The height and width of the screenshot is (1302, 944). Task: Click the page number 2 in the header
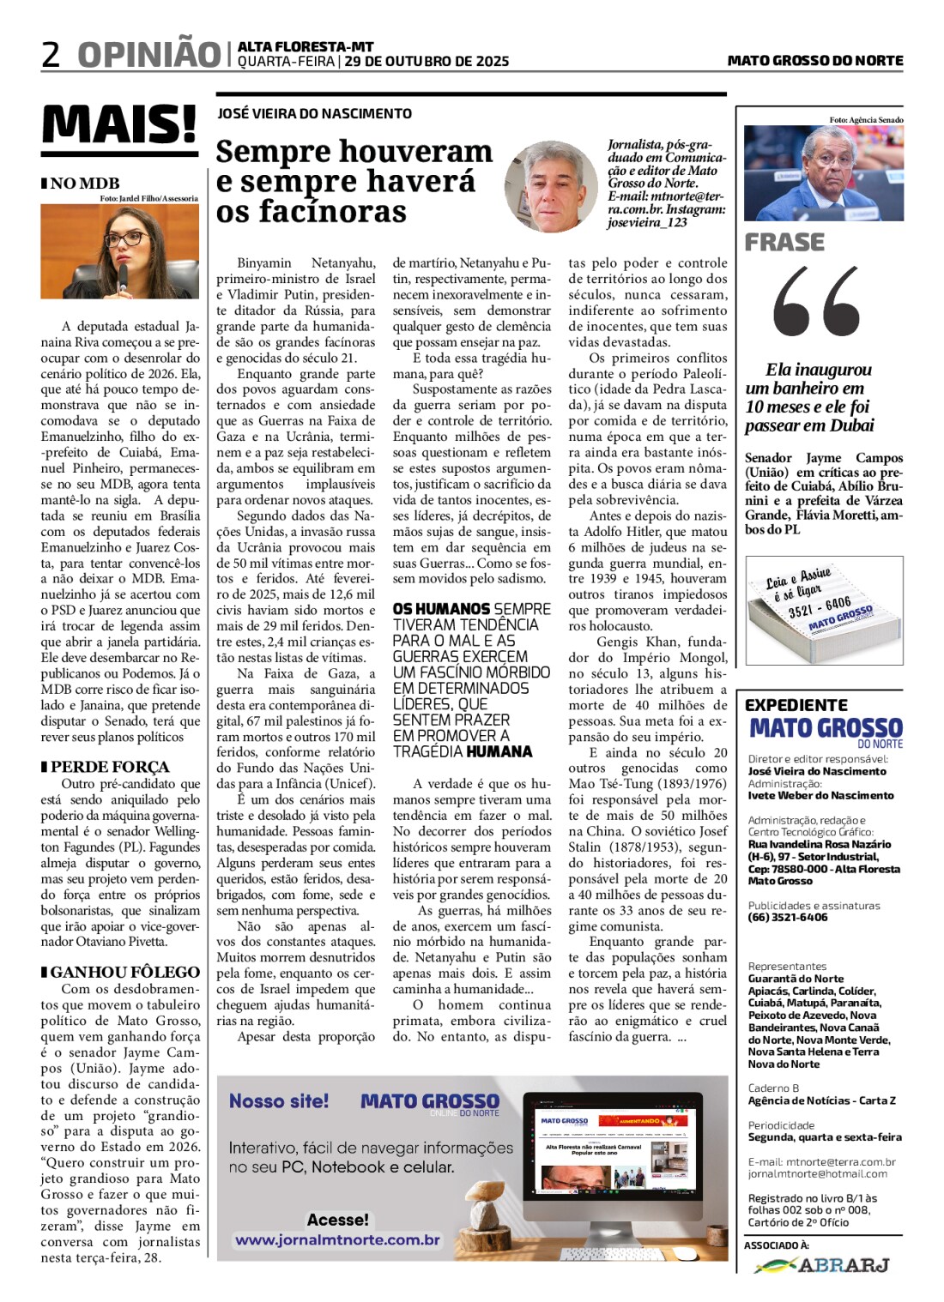(x=51, y=54)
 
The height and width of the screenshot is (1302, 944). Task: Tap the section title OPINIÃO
(x=148, y=54)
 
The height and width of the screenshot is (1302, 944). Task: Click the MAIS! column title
(x=119, y=125)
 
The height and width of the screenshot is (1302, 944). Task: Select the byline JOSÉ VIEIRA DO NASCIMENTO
(x=314, y=113)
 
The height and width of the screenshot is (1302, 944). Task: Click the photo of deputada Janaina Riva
(x=120, y=251)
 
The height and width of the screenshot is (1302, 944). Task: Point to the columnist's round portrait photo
(x=551, y=187)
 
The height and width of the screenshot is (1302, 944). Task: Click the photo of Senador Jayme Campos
(x=823, y=173)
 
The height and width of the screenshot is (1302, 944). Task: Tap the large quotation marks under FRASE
(x=816, y=301)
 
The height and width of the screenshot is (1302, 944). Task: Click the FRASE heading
(x=784, y=243)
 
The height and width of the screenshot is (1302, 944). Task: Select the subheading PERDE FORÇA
(x=110, y=767)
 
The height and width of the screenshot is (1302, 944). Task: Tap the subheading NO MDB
(x=84, y=183)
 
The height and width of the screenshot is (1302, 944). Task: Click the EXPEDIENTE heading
(x=796, y=705)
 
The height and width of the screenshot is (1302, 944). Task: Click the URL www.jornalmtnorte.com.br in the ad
(x=337, y=1240)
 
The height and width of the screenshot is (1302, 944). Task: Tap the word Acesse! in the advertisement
(x=337, y=1219)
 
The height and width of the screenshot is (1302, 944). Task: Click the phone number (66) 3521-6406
(x=788, y=917)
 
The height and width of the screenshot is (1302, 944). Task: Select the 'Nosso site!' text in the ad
(x=279, y=1101)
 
